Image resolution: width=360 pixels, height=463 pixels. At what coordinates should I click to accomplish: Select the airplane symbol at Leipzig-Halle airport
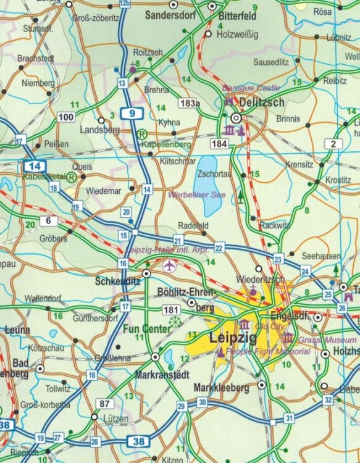169,265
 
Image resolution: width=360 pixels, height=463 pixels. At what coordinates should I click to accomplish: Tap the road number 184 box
219,144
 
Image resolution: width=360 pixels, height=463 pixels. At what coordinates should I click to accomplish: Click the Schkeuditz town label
116,282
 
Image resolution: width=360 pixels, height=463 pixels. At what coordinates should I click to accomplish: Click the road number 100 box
66,117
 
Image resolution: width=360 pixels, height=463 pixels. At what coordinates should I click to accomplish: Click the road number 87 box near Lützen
104,404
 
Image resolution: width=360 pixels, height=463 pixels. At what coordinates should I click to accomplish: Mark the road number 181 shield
171,309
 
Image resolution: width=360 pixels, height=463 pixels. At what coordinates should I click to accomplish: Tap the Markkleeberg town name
222,388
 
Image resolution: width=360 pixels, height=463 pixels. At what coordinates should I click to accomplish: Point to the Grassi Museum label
328,340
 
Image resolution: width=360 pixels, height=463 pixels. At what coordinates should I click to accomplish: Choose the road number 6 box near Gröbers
48,220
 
